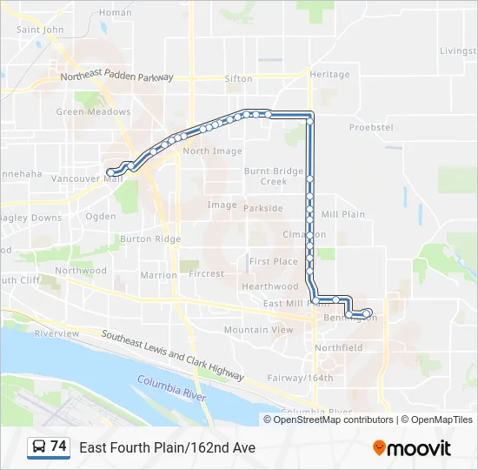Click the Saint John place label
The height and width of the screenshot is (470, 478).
coord(41,30)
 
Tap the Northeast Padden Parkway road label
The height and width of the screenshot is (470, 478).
coord(116,77)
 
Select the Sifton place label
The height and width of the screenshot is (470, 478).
coord(238,79)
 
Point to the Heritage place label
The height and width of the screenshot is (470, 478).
coord(329,75)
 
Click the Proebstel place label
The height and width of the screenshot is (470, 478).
coord(371,127)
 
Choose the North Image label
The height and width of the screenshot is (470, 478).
coord(212,151)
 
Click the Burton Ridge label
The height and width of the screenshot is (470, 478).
coord(150,239)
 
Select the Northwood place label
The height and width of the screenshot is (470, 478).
coord(81,271)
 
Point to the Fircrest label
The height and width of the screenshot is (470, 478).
coord(206,273)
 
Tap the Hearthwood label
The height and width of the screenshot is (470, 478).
coord(270,286)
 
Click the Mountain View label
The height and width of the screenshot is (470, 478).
coord(258,330)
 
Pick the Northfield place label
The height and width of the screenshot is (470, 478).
coord(339,347)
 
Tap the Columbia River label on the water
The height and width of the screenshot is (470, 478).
coord(171,388)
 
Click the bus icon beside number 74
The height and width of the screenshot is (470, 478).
coord(39,447)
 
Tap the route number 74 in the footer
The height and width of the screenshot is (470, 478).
coord(58,446)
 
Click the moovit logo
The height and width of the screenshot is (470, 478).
coord(412,448)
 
